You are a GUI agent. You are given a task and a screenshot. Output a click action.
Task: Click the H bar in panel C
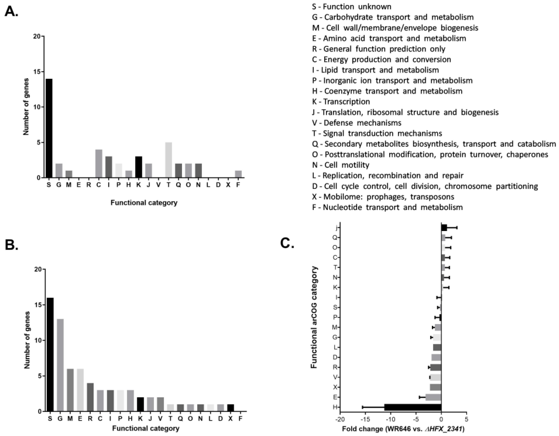[413, 407]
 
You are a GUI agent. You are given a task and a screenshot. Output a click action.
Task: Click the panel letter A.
[11, 12]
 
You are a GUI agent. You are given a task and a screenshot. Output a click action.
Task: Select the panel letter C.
[287, 243]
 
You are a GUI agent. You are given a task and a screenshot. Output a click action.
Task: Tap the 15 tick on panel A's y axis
[37, 72]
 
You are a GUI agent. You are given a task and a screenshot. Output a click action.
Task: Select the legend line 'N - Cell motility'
[341, 165]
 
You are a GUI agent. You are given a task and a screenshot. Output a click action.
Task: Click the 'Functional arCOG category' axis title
[314, 317]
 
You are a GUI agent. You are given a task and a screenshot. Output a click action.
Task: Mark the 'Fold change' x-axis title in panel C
[403, 429]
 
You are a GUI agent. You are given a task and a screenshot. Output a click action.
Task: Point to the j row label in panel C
[335, 227]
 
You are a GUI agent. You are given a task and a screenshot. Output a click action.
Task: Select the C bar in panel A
[98, 164]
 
